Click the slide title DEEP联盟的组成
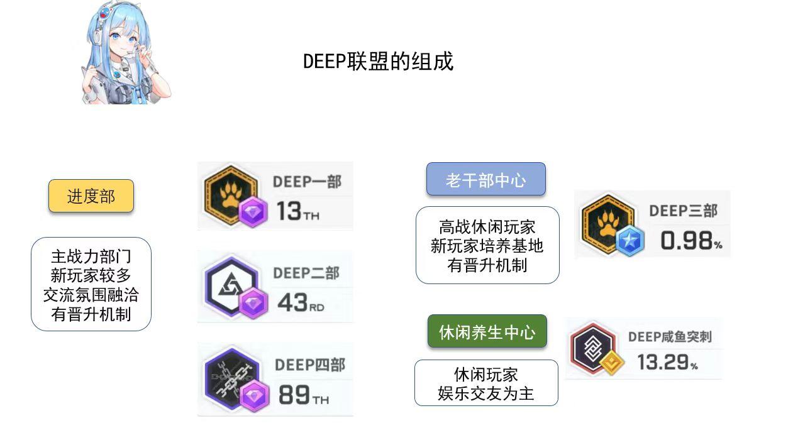click(378, 61)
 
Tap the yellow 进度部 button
click(91, 195)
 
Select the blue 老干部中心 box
click(485, 179)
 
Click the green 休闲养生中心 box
click(487, 331)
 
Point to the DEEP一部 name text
click(307, 182)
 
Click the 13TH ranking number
click(297, 211)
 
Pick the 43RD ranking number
click(301, 302)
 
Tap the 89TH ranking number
click(304, 395)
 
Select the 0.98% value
click(691, 241)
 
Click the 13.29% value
click(667, 362)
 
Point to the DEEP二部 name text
click(306, 273)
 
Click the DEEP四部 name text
click(310, 365)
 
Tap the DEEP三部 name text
click(683, 211)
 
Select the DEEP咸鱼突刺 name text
click(670, 337)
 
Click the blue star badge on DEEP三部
click(629, 240)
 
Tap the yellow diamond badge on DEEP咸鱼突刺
click(611, 363)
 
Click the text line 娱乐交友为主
click(485, 393)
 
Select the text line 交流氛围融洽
click(91, 295)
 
